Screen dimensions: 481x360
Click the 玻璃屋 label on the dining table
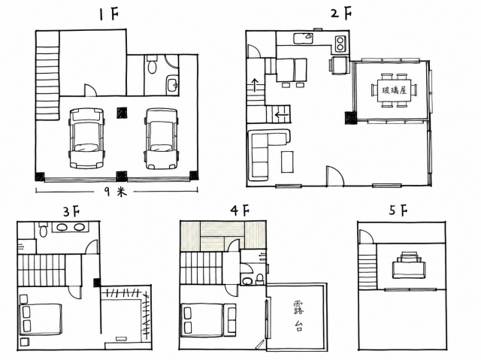tap(394, 90)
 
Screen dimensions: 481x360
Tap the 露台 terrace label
tap(298, 316)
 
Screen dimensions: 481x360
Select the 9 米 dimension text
tap(116, 192)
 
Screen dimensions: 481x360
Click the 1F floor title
tap(109, 14)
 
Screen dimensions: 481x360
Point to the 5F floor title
tap(398, 210)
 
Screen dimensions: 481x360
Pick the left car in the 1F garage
tap(86, 138)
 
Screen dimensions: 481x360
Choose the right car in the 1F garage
tap(162, 138)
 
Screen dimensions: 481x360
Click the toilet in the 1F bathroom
tap(152, 65)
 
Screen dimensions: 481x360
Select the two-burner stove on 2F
tap(340, 44)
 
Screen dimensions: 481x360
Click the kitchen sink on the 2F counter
tap(303, 38)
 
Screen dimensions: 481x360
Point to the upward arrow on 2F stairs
tap(254, 85)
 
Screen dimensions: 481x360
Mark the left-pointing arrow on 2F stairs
tap(282, 115)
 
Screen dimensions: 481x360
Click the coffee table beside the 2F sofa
tap(287, 162)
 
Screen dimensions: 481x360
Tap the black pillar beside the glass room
tap(351, 118)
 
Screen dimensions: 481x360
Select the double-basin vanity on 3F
tap(71, 227)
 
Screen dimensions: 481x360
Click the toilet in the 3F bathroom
tap(43, 229)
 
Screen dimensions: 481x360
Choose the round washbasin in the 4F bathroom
tap(247, 280)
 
